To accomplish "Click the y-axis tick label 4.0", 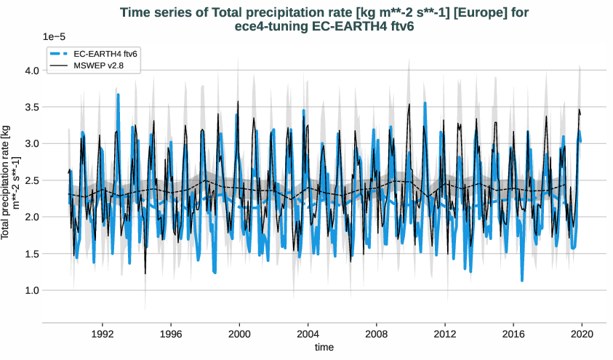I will tap(31, 71).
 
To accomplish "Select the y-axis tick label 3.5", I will tap(31, 107).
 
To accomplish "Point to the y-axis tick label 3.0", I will tap(31, 144).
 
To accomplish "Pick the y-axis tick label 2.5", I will tap(31, 180).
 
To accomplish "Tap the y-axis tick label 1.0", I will tap(31, 290).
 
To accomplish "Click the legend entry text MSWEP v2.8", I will tap(98, 66).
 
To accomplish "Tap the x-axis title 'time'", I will tap(324, 348).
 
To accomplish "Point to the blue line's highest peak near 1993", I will tap(118, 95).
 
